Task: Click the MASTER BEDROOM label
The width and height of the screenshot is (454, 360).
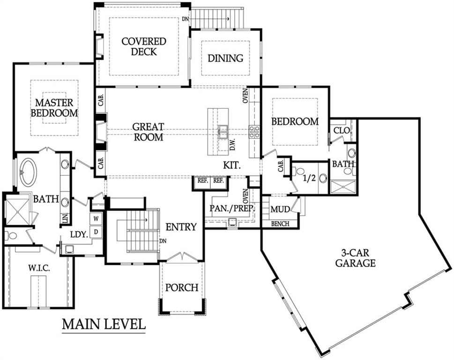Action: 54,108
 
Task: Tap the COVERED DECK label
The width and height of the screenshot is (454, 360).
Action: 144,46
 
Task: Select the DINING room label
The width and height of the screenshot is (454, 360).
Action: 225,58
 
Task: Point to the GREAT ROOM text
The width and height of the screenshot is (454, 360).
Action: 148,132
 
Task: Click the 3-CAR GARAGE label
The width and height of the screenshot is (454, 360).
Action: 355,258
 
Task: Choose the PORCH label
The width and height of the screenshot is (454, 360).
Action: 182,288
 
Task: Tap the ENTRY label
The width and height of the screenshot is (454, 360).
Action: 181,227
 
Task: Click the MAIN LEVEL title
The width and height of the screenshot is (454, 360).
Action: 104,324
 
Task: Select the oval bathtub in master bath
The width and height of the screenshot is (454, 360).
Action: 28,172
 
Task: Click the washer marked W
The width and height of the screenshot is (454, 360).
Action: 96,218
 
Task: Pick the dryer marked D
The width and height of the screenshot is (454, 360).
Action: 96,232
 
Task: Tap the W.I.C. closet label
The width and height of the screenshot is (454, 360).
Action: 39,268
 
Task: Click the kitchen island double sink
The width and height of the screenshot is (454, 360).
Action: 223,132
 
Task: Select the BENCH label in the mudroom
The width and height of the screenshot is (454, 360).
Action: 280,224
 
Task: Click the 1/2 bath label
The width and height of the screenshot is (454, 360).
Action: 309,178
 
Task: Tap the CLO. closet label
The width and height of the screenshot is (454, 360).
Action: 342,131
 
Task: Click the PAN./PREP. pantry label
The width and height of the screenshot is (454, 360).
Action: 232,208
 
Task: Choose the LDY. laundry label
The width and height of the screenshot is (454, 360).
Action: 79,234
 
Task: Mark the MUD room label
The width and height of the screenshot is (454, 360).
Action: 280,209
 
